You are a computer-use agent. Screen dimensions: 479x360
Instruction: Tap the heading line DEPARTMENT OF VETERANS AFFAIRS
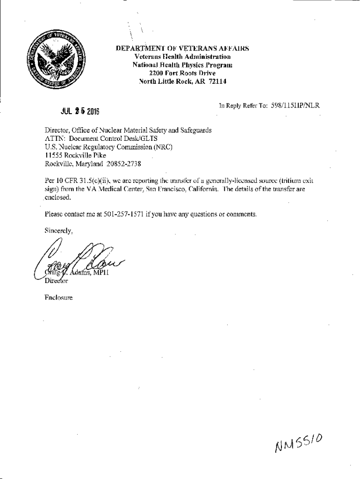pos(182,48)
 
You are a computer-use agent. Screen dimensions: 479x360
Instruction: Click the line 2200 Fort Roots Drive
pos(182,72)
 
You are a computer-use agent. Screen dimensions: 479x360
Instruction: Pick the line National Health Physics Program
pos(182,64)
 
